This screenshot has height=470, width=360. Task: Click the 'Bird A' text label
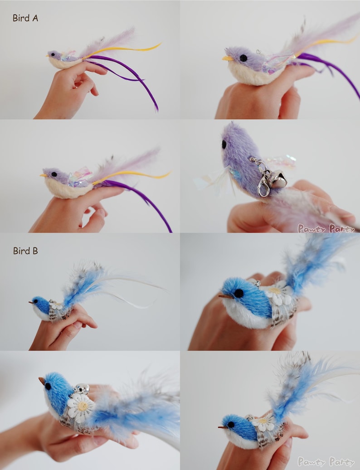(x=25, y=18)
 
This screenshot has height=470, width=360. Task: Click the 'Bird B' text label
(x=25, y=251)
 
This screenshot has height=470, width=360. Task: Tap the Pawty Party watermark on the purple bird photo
(x=326, y=228)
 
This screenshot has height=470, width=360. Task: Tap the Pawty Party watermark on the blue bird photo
(x=326, y=462)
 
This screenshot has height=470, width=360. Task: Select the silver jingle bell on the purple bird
(x=278, y=180)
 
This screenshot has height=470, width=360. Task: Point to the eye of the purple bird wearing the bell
(x=224, y=144)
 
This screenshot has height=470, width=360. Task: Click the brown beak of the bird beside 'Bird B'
(x=31, y=302)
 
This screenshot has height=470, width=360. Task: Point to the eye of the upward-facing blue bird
(x=48, y=386)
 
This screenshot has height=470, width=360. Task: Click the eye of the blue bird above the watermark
(x=231, y=425)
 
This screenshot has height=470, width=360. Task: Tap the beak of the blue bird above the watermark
(x=222, y=427)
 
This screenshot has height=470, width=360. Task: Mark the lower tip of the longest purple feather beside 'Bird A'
(x=157, y=110)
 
